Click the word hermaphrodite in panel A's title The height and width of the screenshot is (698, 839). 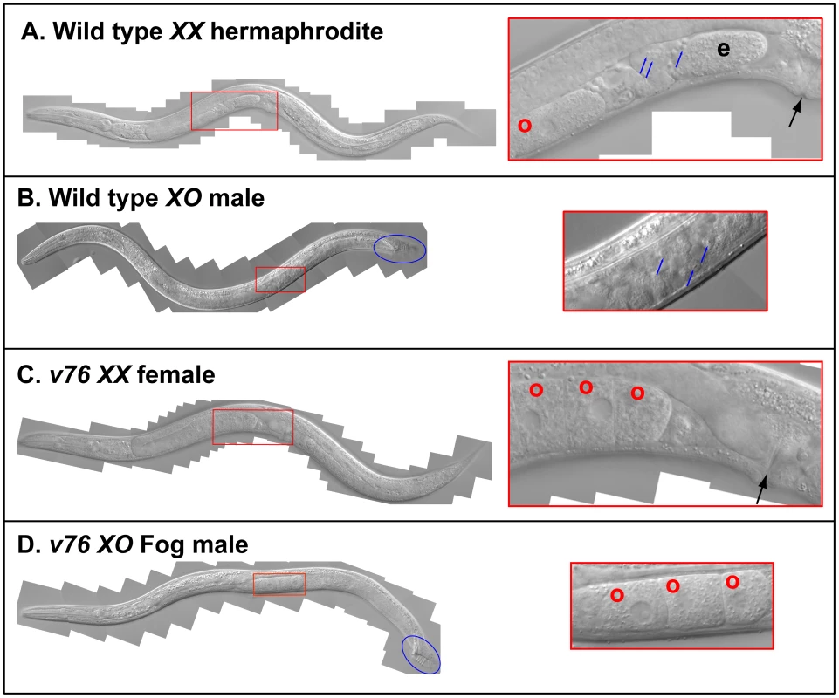[x=297, y=31]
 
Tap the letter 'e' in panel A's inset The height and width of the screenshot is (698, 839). [x=724, y=49]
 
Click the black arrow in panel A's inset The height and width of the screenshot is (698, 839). [x=795, y=113]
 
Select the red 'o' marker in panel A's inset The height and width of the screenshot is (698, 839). [x=525, y=126]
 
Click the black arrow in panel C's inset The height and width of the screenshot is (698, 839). [x=762, y=489]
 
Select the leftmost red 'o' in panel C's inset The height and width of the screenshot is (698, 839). [x=536, y=390]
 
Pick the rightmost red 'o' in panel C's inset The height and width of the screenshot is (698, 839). [x=637, y=393]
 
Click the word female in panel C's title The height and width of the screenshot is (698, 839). [x=176, y=374]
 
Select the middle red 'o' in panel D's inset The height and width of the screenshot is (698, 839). [x=672, y=586]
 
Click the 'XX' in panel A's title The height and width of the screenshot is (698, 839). [x=186, y=31]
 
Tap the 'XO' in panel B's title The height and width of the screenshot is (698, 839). [x=184, y=198]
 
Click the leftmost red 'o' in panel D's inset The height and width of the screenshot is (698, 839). [x=617, y=595]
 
